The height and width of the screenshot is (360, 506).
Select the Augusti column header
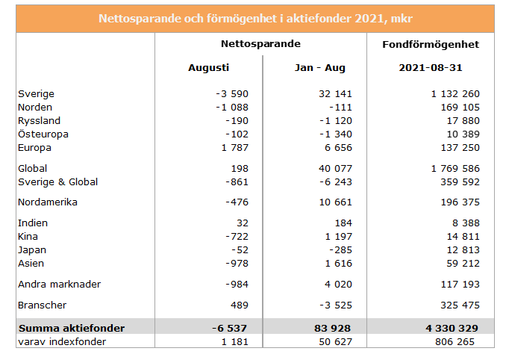208,67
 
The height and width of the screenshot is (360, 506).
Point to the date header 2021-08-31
431,67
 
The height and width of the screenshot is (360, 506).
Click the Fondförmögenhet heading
431,45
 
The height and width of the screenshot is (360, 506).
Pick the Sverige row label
36,94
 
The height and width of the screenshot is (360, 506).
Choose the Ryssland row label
40,121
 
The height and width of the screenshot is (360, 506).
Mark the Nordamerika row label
48,202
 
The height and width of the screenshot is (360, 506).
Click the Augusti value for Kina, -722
233,237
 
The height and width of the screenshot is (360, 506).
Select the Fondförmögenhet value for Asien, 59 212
459,264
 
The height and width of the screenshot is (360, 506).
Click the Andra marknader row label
59,285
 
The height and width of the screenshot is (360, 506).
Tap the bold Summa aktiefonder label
72,328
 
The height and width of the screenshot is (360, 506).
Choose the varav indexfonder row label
61,342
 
